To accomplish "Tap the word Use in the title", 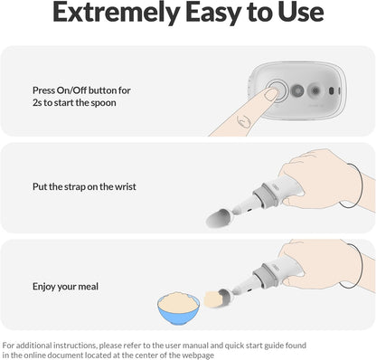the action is pos(301,12).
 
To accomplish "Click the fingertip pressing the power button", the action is pos(271,94).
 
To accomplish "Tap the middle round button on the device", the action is pos(297,90).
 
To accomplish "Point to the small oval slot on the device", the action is pos(331,90).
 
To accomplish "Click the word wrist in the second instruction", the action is pos(126,186).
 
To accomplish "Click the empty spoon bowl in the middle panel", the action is pos(219,218).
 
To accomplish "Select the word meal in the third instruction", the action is pos(89,287).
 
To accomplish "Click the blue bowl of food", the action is pos(178,308).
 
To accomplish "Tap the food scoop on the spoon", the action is pos(213,299).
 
